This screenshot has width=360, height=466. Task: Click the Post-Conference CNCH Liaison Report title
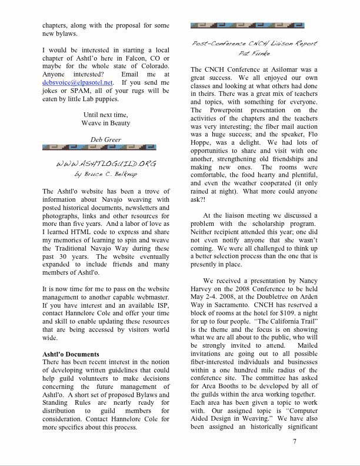tap(254, 44)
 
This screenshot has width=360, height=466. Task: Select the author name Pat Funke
tap(254, 54)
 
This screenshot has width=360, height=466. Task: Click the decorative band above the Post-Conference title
tap(254, 25)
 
